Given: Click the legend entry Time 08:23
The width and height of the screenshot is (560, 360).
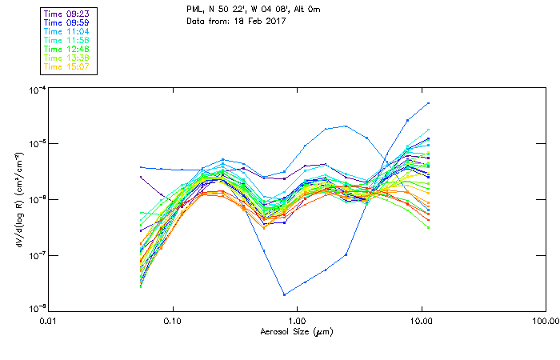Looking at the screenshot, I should click(66, 14).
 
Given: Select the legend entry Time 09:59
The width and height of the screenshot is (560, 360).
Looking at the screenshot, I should click(66, 22).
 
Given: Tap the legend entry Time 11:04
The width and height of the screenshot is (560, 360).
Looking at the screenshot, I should click(66, 31).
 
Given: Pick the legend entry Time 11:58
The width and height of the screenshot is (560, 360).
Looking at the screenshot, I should click(66, 40).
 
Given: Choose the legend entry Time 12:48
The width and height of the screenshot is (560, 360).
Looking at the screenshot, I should click(66, 49).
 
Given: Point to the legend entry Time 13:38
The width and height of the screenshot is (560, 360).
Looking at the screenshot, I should click(66, 58).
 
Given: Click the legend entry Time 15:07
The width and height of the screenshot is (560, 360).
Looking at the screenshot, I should click(66, 66).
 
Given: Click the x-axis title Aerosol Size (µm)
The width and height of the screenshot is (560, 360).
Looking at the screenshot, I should click(296, 331).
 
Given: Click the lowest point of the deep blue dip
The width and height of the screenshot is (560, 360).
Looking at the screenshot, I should click(284, 294).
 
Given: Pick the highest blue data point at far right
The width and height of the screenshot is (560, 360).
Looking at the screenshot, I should click(429, 103).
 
